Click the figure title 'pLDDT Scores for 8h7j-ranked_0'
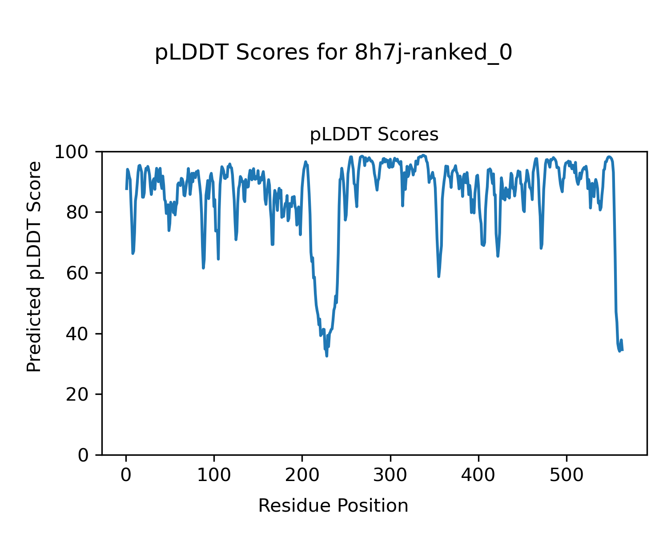pos(333,53)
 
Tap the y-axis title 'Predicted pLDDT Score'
pos(34,266)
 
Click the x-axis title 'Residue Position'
pos(333,506)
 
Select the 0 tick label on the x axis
pos(126,475)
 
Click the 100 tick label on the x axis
pos(214,475)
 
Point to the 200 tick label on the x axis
pos(302,475)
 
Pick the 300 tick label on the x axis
pos(390,475)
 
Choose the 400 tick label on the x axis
pos(478,475)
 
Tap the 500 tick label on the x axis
pos(567,475)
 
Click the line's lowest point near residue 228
pos(327,356)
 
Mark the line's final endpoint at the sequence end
pos(622,350)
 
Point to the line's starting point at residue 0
pos(126,189)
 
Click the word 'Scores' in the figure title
pos(272,53)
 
